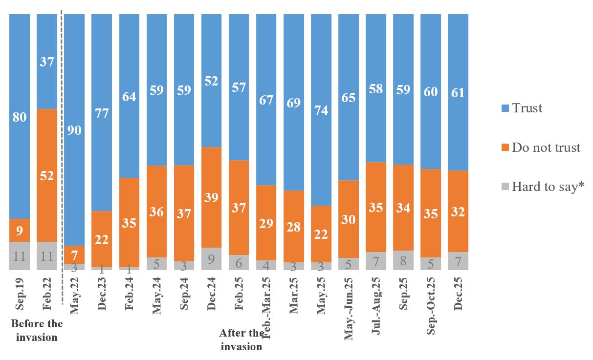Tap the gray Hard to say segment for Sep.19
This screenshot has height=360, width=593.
20,256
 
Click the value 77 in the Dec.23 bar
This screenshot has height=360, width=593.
102,113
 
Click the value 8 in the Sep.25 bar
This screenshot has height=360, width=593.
403,260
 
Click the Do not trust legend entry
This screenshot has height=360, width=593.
540,148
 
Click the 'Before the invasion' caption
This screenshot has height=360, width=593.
37,330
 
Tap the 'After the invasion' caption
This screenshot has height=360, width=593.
242,340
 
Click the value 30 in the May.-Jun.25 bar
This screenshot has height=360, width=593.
348,220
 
